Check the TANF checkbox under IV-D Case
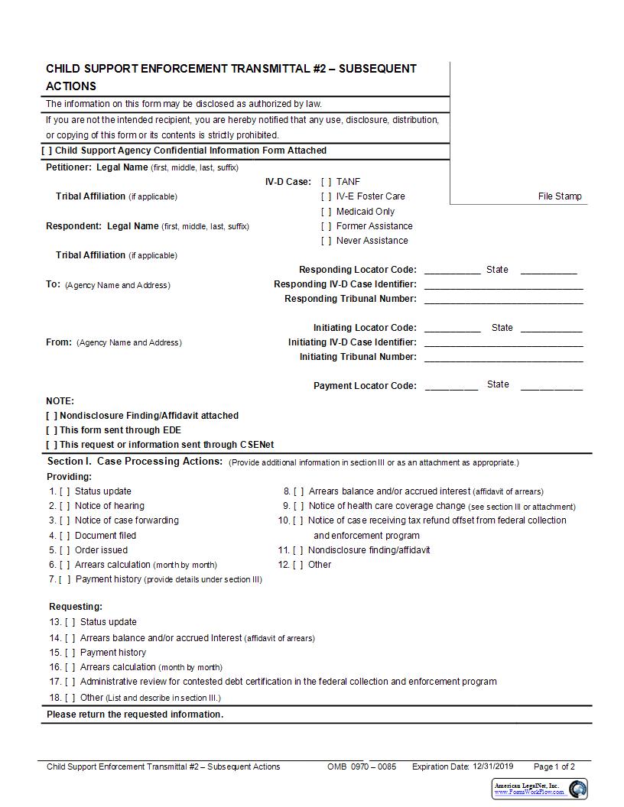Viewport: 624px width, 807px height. point(327,182)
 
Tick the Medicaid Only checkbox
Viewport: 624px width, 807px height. point(327,212)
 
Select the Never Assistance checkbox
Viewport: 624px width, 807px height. point(327,241)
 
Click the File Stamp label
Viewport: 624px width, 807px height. point(560,196)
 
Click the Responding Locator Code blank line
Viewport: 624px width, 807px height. point(452,270)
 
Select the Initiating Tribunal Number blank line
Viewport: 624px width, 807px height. point(503,357)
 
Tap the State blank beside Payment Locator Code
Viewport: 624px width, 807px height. point(551,386)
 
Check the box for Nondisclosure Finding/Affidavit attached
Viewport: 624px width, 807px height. point(51,416)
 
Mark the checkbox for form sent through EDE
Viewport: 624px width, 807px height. point(51,430)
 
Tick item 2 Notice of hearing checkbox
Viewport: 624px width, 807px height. point(65,506)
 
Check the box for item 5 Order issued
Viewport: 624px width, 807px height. point(65,550)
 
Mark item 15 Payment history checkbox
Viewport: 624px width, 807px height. point(70,653)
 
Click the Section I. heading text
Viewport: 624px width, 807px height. point(135,462)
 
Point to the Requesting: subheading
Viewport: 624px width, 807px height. point(76,607)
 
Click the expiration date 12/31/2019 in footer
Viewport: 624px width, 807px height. point(493,766)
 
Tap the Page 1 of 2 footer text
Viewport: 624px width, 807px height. point(554,766)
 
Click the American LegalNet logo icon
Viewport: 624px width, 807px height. point(577,789)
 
